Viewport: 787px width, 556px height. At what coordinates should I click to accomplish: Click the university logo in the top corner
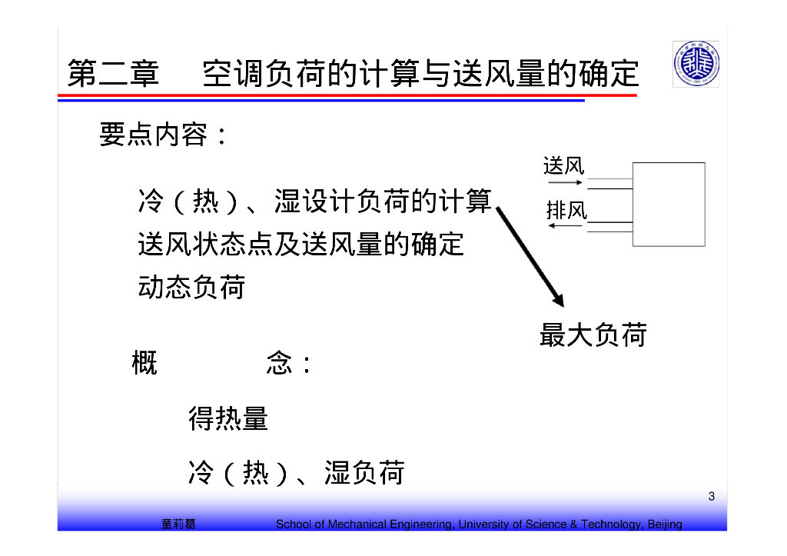click(x=696, y=64)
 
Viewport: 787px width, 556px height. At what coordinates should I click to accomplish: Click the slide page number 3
click(x=712, y=497)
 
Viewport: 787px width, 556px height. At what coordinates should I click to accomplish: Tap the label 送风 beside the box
click(x=563, y=165)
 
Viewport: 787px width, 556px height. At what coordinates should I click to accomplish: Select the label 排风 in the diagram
click(x=566, y=209)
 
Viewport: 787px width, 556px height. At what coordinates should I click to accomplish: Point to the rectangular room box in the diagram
click(x=668, y=204)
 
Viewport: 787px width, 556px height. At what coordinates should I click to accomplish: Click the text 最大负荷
click(x=593, y=335)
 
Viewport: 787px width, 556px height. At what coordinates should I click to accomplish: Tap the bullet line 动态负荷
click(x=191, y=287)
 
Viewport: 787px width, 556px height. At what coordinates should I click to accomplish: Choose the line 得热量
click(x=228, y=419)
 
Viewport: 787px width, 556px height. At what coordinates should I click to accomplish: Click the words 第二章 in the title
click(x=113, y=74)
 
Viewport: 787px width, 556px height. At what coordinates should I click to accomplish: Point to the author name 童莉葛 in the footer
click(x=178, y=524)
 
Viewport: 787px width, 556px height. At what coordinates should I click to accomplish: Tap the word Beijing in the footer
click(x=664, y=524)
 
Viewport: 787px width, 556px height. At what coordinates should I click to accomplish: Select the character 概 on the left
click(x=144, y=363)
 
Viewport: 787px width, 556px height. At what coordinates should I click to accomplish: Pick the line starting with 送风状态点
click(x=301, y=244)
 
